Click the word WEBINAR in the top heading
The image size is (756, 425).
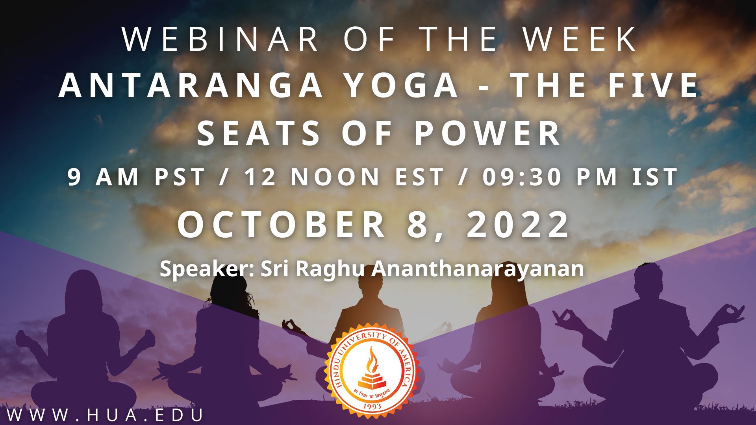(220, 39)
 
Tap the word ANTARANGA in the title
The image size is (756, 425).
(191, 86)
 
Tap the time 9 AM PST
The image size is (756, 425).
(136, 177)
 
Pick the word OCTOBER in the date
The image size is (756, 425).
(282, 225)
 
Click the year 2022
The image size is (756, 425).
(518, 225)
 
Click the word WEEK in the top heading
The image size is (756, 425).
(579, 39)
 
